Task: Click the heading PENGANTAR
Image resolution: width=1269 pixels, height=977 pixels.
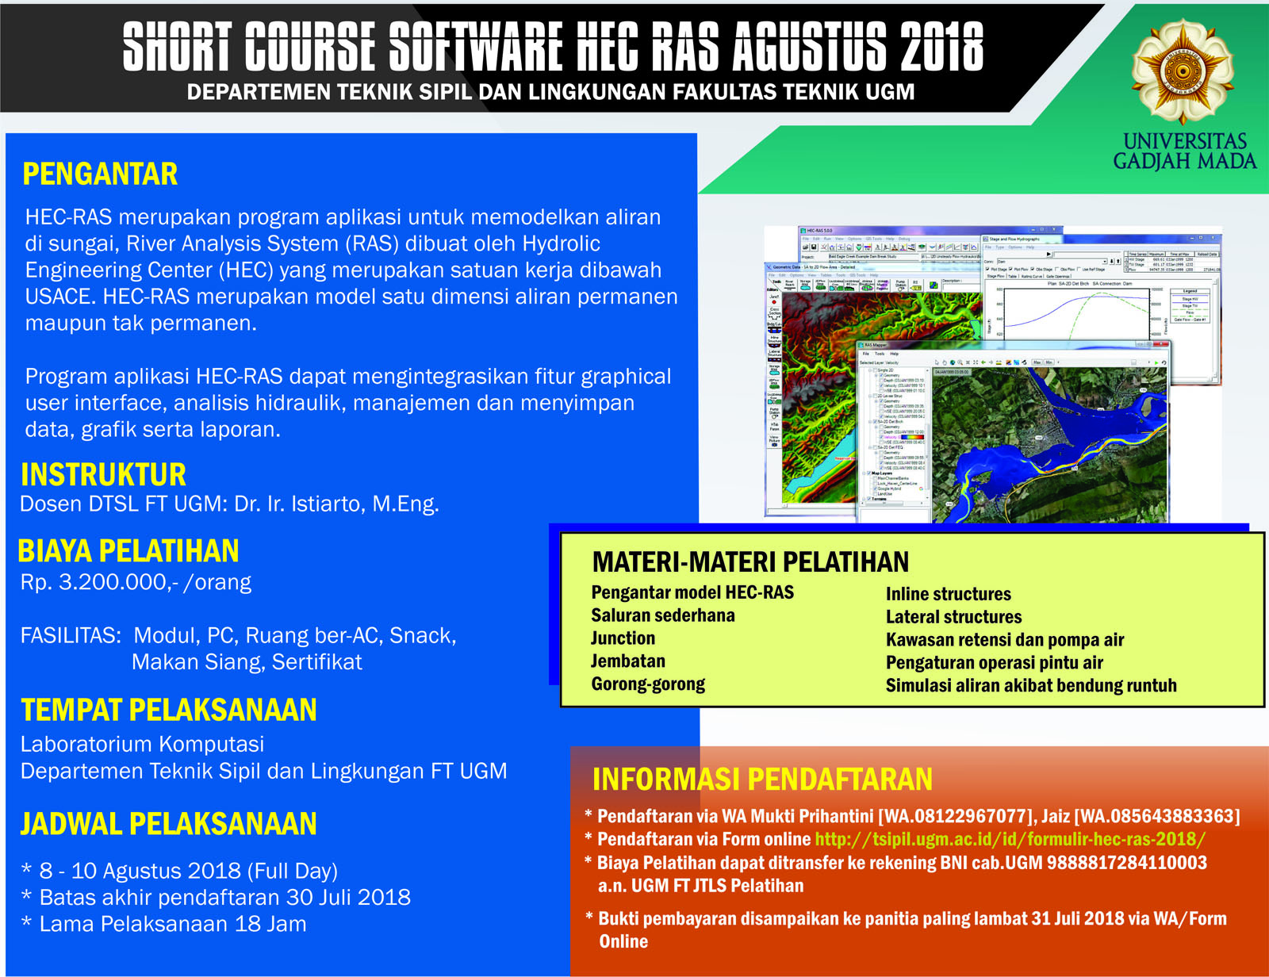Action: coord(100,174)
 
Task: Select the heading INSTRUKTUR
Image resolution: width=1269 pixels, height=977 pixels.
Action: coord(103,475)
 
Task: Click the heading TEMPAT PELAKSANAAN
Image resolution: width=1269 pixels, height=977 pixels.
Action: coord(168,711)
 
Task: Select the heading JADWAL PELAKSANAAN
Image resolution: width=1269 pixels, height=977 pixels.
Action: coord(168,824)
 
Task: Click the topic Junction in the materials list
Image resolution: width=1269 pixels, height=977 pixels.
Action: coord(623,638)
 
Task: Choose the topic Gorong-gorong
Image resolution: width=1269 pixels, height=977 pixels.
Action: coord(648,684)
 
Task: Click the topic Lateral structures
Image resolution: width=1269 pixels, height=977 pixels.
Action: coord(953,617)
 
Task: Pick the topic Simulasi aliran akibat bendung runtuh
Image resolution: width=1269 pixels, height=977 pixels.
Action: coord(1030,686)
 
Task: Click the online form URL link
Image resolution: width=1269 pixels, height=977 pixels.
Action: coord(1010,839)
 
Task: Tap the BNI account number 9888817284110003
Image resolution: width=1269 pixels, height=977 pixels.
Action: coord(1126,863)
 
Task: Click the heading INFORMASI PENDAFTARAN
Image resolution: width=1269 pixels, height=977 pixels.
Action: coord(762,780)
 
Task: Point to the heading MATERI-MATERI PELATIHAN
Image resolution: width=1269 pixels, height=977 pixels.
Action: coord(750,562)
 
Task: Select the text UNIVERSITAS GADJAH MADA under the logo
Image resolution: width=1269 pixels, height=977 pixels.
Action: coord(1184,151)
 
